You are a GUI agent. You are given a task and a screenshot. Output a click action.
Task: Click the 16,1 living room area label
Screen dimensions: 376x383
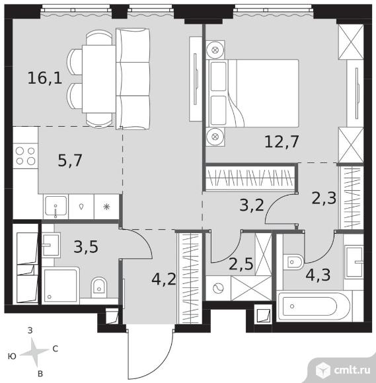(45, 78)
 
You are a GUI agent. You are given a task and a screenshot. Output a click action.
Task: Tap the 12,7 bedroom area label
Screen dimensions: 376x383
(282, 142)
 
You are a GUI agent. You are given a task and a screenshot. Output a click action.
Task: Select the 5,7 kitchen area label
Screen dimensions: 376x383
(70, 160)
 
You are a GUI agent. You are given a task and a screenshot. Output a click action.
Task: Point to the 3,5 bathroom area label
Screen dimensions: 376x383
(86, 246)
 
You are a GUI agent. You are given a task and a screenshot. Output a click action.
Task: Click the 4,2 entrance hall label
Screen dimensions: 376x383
(164, 279)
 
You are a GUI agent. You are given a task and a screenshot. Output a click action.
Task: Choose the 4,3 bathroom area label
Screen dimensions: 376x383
(319, 275)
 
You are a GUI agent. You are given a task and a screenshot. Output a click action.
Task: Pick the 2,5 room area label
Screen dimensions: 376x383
(241, 263)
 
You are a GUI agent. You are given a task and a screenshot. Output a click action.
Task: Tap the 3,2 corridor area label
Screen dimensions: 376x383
(252, 205)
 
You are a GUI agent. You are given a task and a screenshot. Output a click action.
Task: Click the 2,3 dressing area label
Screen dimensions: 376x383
(324, 198)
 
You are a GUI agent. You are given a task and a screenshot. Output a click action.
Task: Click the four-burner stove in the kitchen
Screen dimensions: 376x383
(25, 156)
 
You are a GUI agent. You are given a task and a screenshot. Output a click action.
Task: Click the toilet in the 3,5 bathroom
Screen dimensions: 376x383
(99, 287)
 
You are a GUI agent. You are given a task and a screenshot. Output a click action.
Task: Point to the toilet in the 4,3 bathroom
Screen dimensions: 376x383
(293, 262)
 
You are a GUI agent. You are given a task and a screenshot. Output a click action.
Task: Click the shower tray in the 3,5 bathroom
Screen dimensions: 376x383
(61, 286)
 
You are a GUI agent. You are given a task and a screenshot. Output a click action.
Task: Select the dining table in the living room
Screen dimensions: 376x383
(98, 79)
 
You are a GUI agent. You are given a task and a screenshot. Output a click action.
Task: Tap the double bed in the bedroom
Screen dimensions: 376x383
(252, 93)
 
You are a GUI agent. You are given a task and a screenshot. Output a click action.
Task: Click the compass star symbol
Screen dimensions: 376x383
(36, 352)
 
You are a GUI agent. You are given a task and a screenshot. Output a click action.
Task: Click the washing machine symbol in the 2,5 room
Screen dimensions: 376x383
(218, 289)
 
